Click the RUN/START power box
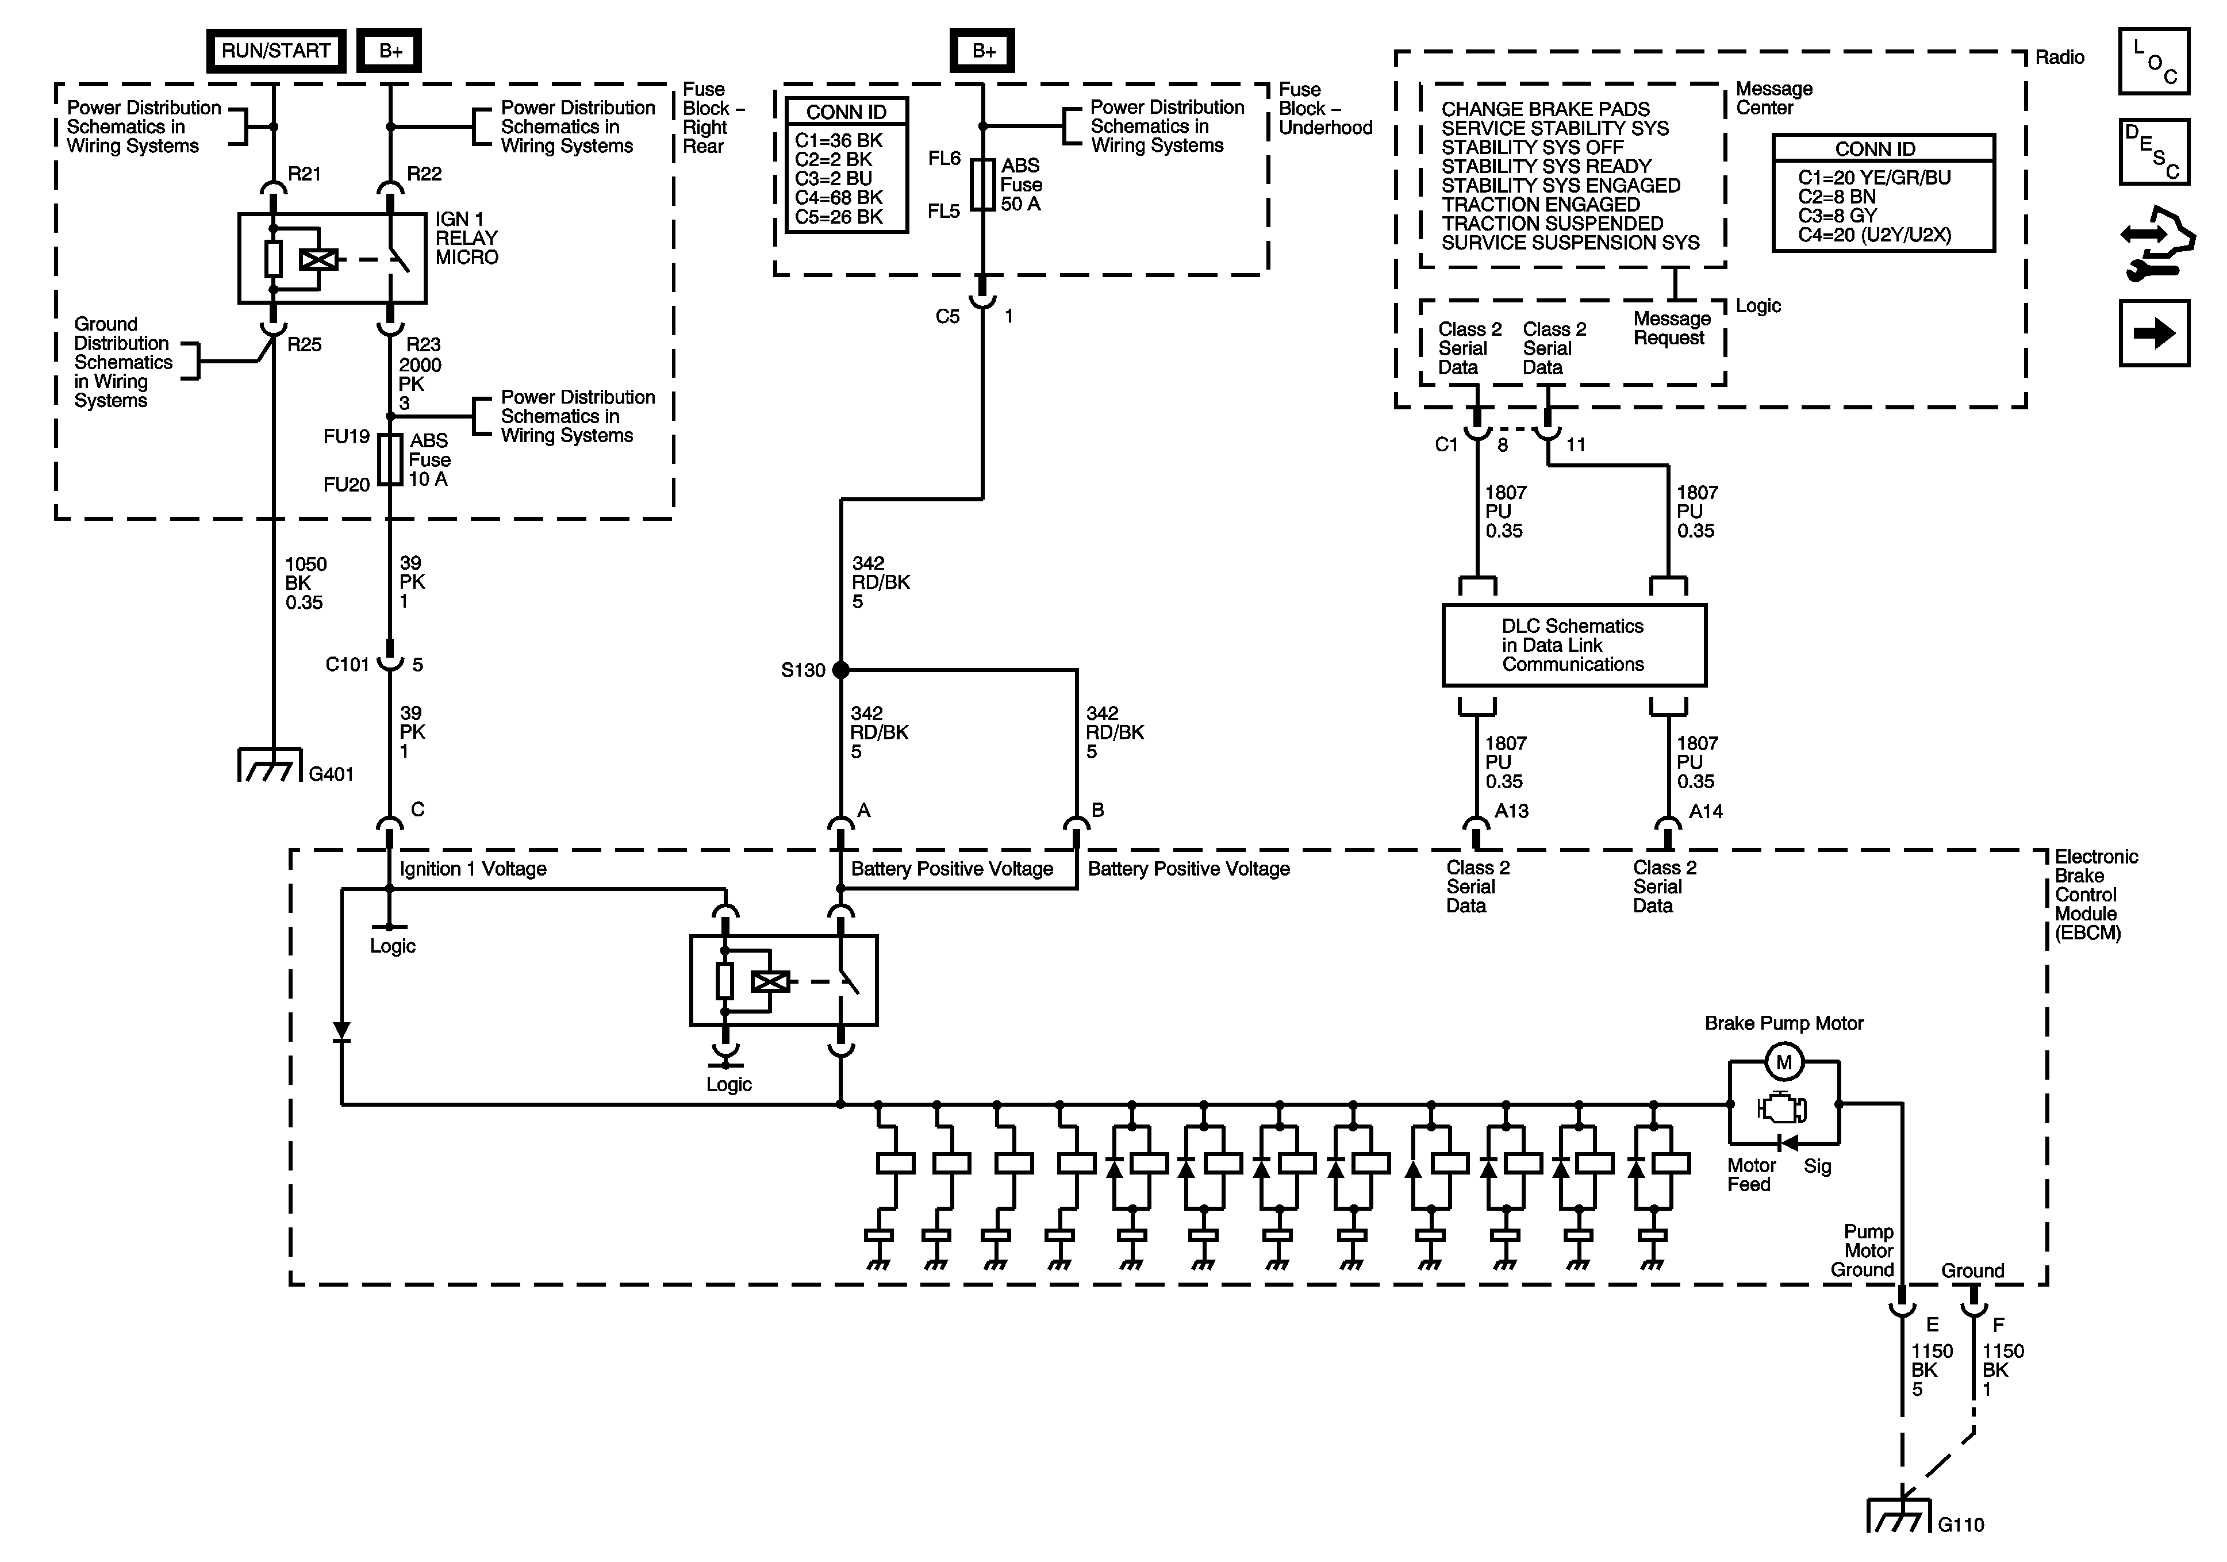click(x=277, y=51)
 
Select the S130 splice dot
click(x=841, y=669)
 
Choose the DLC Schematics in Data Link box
click(x=1573, y=645)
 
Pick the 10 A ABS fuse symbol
click(x=390, y=460)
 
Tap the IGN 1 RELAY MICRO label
click(x=467, y=237)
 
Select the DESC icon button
click(x=2154, y=151)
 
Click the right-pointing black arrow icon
click(x=2154, y=333)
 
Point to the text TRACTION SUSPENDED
click(x=1552, y=223)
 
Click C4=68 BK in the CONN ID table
click(x=839, y=198)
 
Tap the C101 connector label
click(x=347, y=665)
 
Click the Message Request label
click(x=1671, y=328)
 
